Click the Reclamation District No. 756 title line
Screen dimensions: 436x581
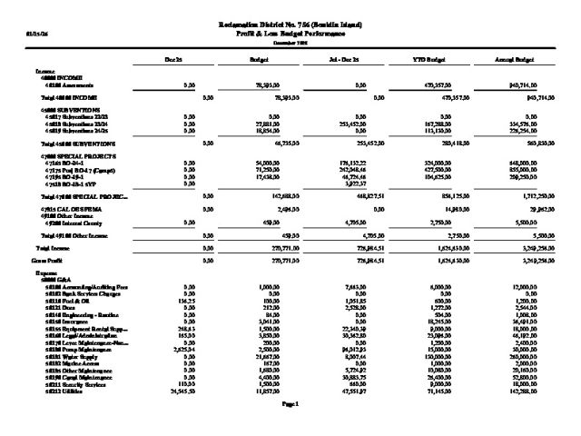point(290,23)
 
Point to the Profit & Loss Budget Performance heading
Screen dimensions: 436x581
point(290,32)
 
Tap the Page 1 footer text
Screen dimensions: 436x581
point(290,402)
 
